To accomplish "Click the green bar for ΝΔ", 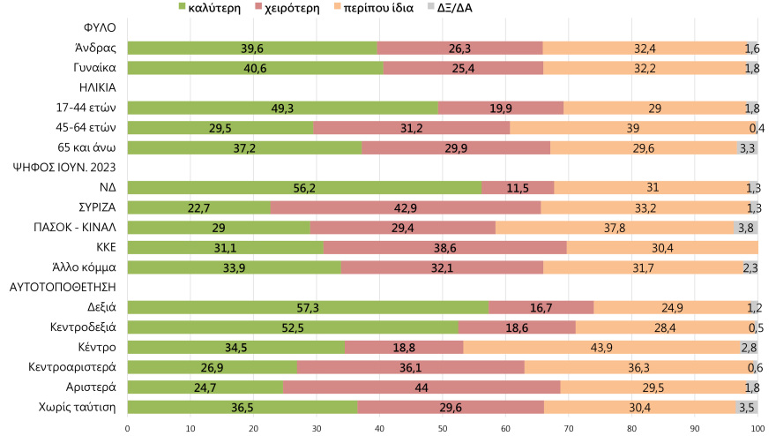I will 304,187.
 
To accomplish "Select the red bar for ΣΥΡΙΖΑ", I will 406,207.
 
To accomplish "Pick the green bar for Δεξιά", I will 308,307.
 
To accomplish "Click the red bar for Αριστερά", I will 422,387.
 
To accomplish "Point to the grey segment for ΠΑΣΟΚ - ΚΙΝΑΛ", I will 746,227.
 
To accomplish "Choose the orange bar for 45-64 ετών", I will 632,127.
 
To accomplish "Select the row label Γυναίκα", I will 96,68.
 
